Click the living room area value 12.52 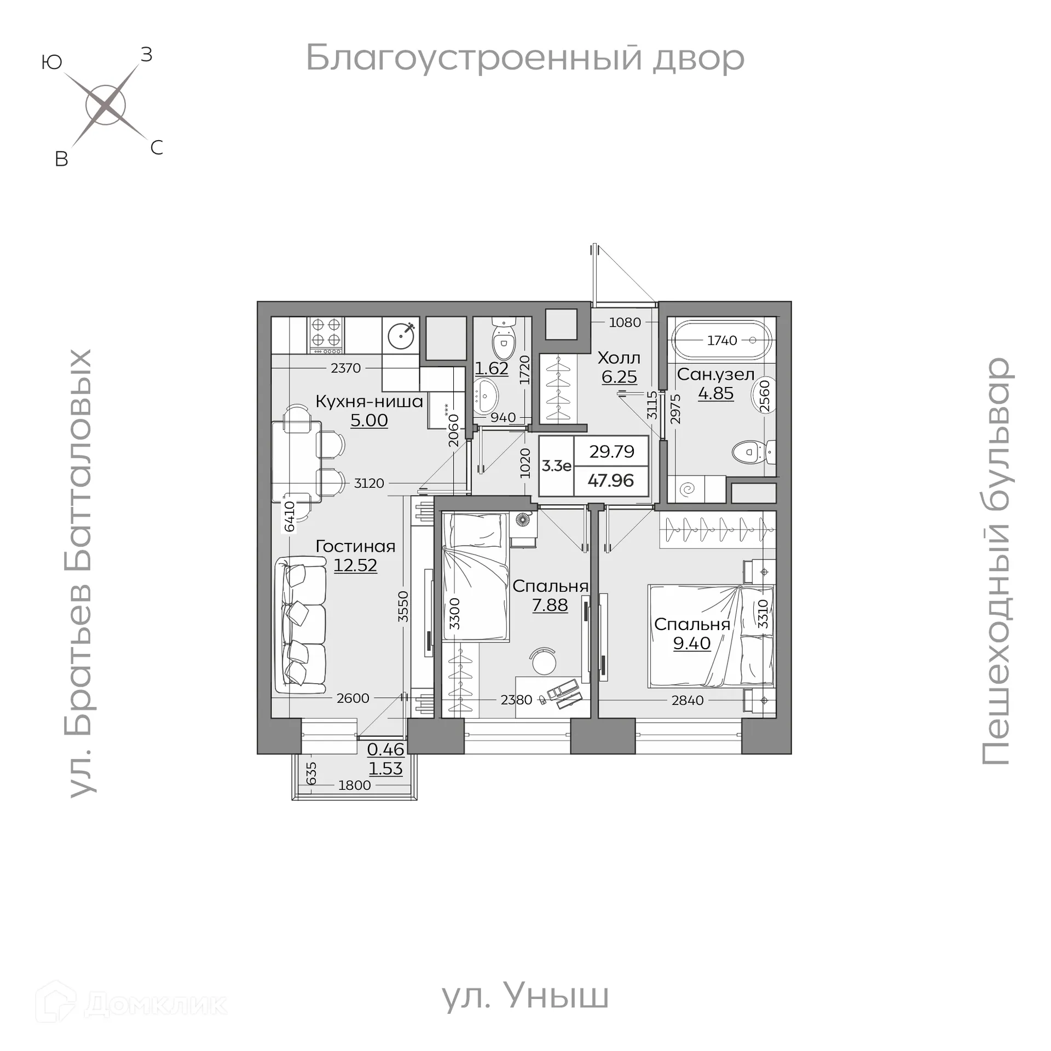(x=355, y=565)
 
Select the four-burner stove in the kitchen (x=326, y=335)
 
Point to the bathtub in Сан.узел (x=721, y=340)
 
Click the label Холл (x=619, y=358)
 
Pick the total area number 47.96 (x=610, y=481)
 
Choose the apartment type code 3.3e (x=556, y=466)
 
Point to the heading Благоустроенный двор (x=524, y=58)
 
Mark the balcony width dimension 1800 (x=354, y=786)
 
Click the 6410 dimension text (x=289, y=516)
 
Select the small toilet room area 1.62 (x=492, y=368)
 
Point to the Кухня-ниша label (x=369, y=401)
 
